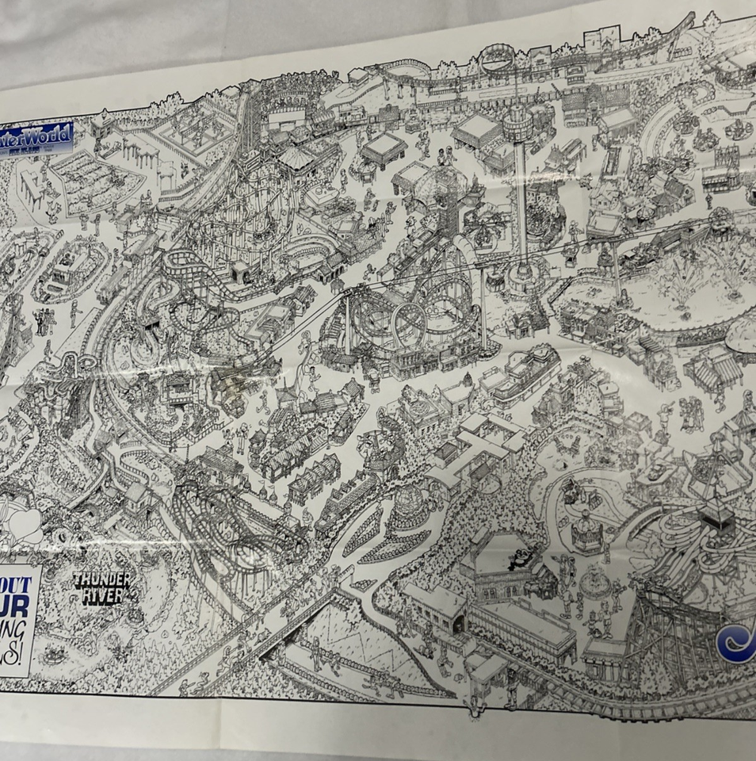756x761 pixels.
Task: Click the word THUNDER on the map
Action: tap(101, 579)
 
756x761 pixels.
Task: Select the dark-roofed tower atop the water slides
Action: tap(715, 513)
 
